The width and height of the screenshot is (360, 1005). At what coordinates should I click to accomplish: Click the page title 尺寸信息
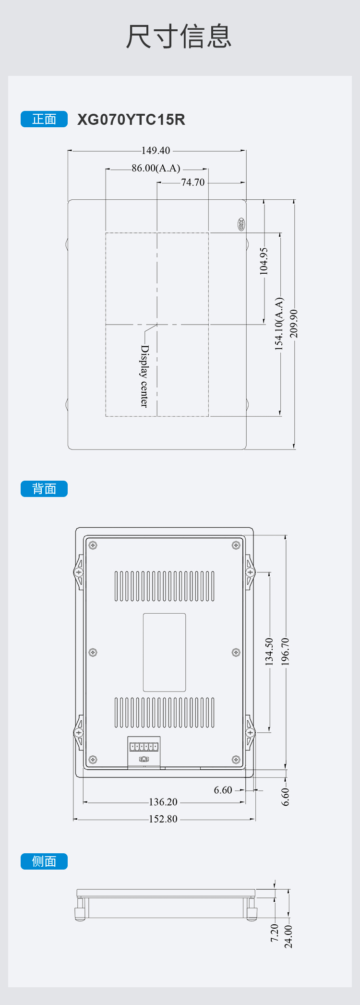[x=179, y=36]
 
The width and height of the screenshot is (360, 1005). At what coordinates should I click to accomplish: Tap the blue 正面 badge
[x=44, y=119]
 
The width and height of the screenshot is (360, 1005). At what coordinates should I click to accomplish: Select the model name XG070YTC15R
[x=131, y=120]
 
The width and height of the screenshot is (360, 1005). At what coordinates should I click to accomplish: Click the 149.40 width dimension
[x=156, y=151]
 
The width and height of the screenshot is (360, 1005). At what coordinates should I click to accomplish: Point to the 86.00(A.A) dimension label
[x=156, y=169]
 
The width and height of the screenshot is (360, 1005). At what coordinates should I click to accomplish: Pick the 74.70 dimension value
[x=193, y=182]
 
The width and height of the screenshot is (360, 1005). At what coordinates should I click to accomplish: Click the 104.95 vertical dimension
[x=264, y=261]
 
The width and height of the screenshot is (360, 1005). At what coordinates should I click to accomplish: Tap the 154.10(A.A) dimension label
[x=279, y=324]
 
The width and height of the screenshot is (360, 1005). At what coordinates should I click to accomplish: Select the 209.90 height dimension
[x=294, y=323]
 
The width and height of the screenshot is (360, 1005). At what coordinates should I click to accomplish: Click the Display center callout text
[x=144, y=376]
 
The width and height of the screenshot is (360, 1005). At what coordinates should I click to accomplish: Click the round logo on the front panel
[x=241, y=224]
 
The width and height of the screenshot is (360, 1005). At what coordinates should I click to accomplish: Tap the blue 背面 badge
[x=44, y=489]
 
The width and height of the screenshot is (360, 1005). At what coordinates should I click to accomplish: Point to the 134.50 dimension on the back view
[x=269, y=652]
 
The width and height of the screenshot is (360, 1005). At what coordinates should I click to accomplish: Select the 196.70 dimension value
[x=285, y=652]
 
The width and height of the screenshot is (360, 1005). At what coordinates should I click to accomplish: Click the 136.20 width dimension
[x=163, y=802]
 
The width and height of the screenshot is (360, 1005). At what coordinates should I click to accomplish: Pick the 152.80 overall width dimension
[x=163, y=819]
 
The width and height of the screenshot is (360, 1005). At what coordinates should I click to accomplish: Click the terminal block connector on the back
[x=144, y=747]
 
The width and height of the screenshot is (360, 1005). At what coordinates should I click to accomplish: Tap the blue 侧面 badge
[x=44, y=861]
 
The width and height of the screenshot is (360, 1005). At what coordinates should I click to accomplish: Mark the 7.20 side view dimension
[x=275, y=933]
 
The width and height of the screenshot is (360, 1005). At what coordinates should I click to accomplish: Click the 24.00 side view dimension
[x=288, y=937]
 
